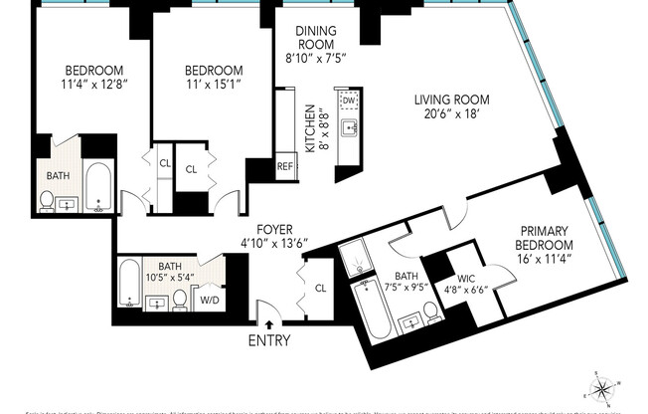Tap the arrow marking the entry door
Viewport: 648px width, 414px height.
pyautogui.click(x=268, y=323)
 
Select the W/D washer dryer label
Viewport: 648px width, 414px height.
pyautogui.click(x=211, y=298)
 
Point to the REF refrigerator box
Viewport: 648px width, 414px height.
pyautogui.click(x=285, y=166)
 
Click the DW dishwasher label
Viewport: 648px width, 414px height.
pyautogui.click(x=349, y=101)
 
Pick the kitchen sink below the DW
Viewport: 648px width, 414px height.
pyautogui.click(x=349, y=127)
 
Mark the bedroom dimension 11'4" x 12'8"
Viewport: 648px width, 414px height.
pyautogui.click(x=93, y=86)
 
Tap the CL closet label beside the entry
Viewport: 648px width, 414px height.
pyautogui.click(x=320, y=289)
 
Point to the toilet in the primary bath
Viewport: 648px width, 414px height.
pyautogui.click(x=432, y=313)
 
